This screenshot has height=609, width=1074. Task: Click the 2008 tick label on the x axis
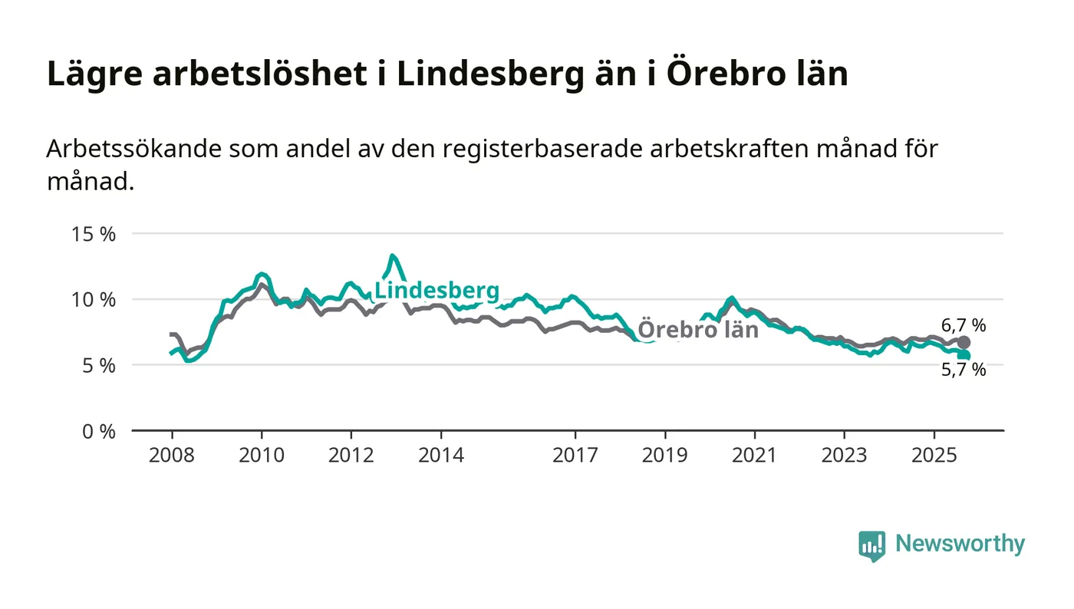coord(171,456)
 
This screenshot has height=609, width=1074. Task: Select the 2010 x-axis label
coord(262,456)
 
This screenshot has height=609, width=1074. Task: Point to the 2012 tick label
coord(351,456)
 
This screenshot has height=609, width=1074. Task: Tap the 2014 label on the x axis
coord(440,456)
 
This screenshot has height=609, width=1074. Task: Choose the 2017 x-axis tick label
coord(575,456)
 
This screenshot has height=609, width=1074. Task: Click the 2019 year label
coord(664,456)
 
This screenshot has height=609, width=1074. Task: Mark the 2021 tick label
coord(754,456)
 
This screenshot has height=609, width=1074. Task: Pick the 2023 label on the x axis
coord(844,456)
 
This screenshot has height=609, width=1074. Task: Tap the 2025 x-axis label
coord(934,456)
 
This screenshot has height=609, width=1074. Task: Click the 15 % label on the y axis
coord(93,234)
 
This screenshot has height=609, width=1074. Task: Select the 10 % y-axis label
coord(93,299)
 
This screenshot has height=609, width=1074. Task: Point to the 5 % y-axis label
coord(98,365)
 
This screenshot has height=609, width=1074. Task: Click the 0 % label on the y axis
coord(98,431)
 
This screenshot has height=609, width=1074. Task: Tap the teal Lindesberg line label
coord(437,291)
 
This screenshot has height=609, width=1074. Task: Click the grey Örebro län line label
coord(698,330)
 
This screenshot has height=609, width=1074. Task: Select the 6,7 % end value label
coord(964,325)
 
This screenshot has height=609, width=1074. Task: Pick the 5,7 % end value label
coord(964,370)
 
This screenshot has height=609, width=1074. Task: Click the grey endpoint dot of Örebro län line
coord(964,342)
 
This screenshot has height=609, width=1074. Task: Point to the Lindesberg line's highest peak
coord(392,256)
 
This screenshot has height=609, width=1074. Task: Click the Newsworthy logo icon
coord(872,545)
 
